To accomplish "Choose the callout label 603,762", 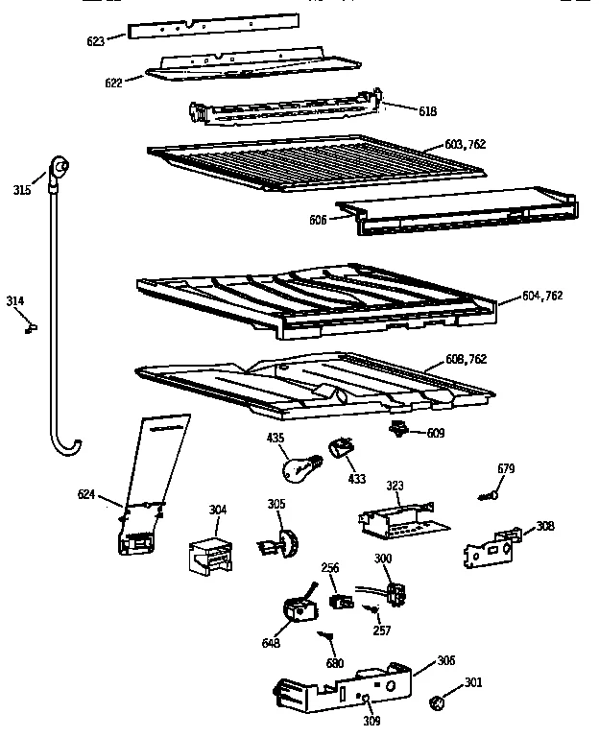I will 466,145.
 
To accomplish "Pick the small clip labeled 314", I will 32,327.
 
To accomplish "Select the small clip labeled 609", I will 396,429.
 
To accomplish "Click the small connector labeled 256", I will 338,602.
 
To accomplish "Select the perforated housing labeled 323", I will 395,519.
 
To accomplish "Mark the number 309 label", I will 371,720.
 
